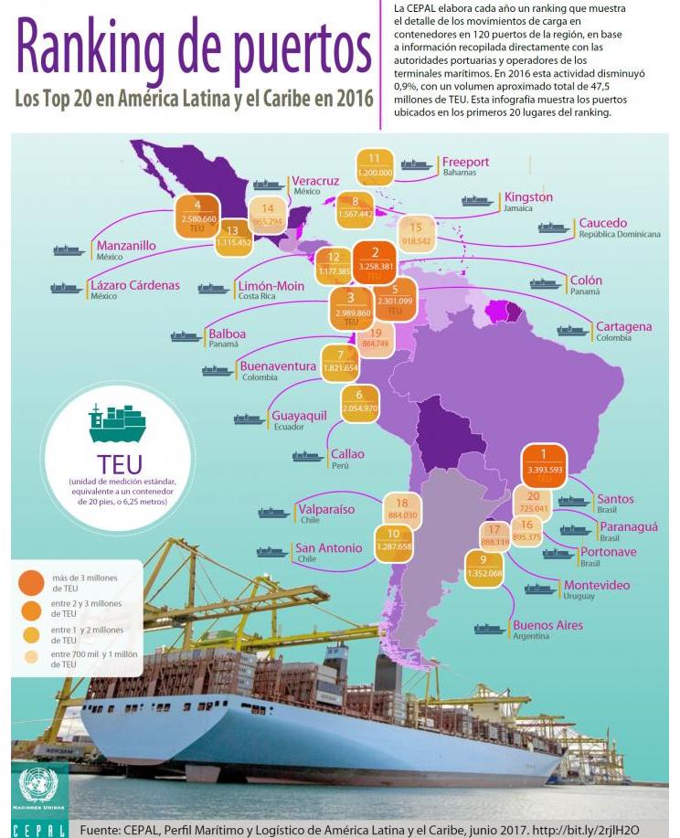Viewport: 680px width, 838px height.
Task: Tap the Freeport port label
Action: click(465, 163)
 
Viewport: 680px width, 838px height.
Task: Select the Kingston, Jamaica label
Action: click(527, 197)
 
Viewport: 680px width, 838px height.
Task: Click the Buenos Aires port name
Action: click(547, 626)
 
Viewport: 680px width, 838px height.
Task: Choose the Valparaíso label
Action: click(326, 510)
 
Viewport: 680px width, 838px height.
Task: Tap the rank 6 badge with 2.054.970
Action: click(360, 403)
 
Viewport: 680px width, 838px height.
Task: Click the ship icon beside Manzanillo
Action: click(69, 249)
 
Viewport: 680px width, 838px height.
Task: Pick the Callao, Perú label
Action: click(347, 454)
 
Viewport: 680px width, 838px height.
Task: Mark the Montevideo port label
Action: click(596, 585)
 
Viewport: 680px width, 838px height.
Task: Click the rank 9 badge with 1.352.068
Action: click(483, 568)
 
